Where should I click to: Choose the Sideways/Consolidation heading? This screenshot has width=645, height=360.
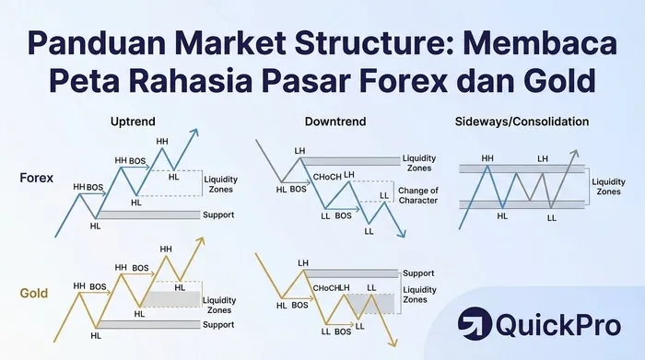[522, 122]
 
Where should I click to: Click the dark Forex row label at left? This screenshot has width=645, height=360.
[36, 179]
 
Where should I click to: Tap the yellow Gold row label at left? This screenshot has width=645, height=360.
[34, 293]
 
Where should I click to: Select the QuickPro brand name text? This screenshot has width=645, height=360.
[558, 325]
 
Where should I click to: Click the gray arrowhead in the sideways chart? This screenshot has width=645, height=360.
[576, 154]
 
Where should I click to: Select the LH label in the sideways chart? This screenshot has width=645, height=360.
[543, 159]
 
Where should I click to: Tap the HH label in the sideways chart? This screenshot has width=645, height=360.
[487, 159]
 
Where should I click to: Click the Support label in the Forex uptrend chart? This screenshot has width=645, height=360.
[220, 215]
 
